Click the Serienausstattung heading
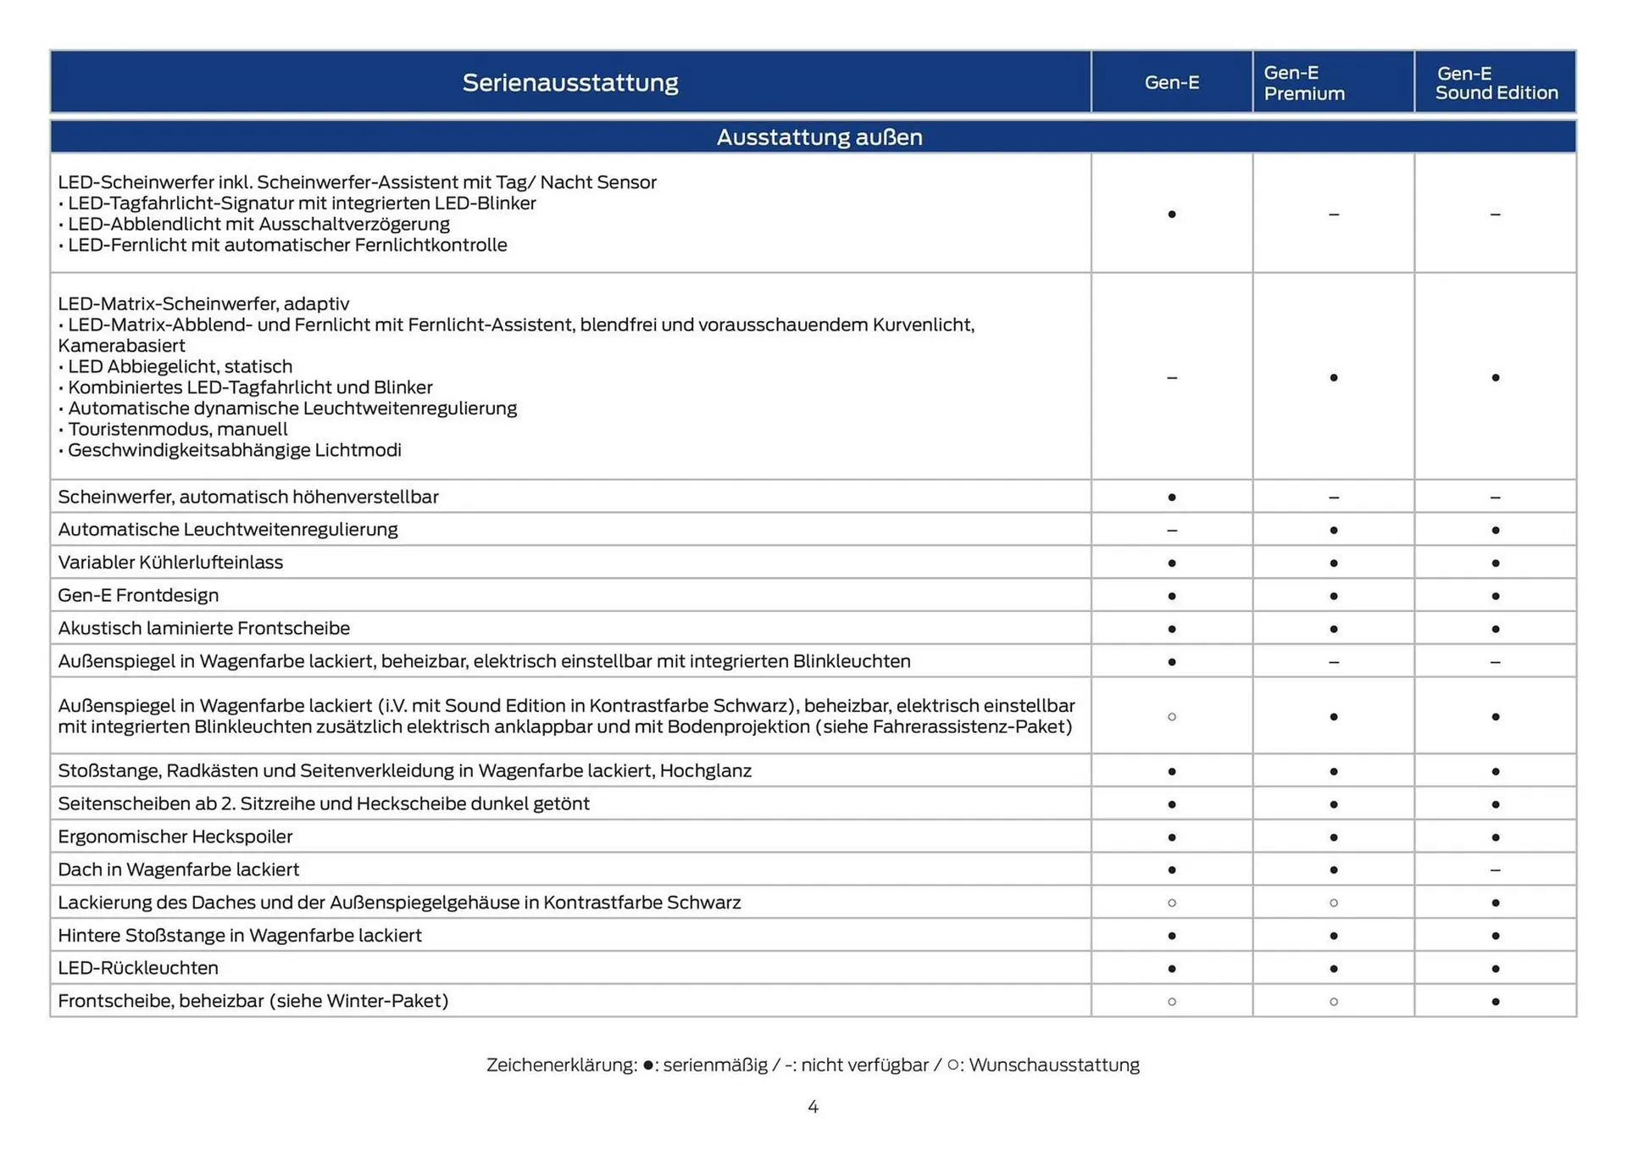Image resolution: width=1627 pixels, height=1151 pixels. coord(570,82)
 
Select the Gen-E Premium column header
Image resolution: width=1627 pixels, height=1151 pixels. coord(1304,83)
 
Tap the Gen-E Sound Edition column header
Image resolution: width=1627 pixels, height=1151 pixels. coord(1496,83)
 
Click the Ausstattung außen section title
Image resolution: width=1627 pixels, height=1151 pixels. coord(819,137)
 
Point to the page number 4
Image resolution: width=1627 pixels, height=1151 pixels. coord(813,1107)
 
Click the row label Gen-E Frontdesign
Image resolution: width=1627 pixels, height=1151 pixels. coord(138,595)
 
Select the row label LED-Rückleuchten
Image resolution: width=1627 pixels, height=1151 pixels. coord(138,968)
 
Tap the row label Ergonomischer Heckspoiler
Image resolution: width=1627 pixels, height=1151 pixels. coord(175,837)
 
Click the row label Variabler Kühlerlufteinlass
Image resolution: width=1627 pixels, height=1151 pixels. coord(170,563)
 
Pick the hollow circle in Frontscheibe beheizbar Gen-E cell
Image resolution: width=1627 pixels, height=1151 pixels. coord(1172,1002)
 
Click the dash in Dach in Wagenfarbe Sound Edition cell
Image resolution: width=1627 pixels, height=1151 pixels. coord(1495,870)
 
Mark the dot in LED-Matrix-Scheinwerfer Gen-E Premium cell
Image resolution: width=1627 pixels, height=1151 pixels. coord(1334,377)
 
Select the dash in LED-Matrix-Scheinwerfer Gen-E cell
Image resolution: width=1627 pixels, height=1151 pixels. coord(1172,377)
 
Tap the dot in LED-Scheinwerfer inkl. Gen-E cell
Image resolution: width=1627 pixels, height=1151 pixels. coord(1172,214)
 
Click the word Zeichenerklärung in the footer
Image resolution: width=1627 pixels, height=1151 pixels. coord(561,1065)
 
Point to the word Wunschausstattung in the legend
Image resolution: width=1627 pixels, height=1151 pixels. coord(1054,1065)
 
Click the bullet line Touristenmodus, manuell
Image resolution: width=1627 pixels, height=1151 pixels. coord(178,430)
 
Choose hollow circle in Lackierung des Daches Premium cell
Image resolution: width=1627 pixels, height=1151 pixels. coord(1334,903)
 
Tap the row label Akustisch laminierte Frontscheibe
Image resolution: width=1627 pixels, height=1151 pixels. coord(203,628)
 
